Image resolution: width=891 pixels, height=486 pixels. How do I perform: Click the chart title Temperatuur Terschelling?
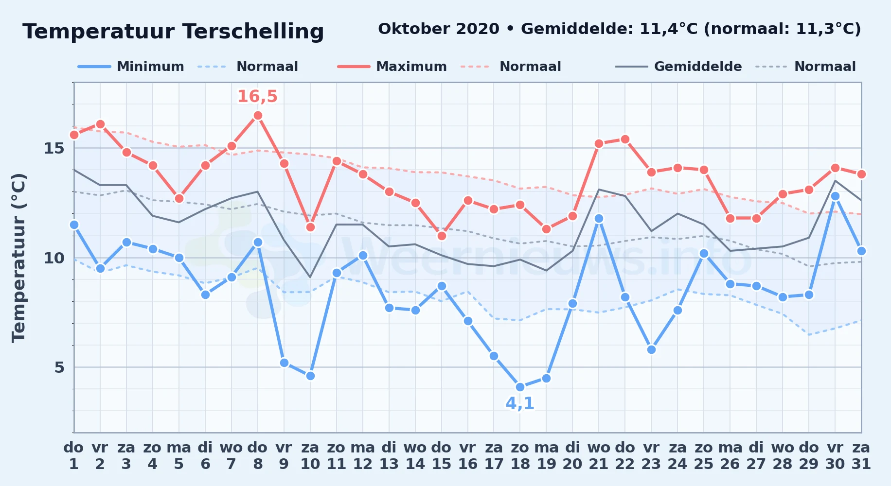coord(173,32)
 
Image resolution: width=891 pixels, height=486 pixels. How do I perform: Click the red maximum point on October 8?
coord(258,115)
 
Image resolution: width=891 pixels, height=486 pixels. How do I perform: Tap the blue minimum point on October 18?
coord(520,387)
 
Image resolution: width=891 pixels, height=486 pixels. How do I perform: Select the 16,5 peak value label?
coord(257,96)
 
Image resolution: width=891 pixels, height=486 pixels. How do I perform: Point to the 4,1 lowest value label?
coord(520,403)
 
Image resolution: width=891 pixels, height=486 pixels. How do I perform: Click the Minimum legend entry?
coord(131,67)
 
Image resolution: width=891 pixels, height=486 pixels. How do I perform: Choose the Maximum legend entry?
coord(392,67)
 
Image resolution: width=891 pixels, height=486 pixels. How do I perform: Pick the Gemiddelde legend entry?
coord(678,67)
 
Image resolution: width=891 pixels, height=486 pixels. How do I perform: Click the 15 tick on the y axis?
coord(54,148)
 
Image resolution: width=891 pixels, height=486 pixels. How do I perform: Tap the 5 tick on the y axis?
coord(59,367)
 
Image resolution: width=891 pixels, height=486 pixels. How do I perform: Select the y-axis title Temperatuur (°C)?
coord(18,258)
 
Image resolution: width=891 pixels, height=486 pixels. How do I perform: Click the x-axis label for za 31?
coord(861,455)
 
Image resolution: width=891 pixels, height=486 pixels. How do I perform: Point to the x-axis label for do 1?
coord(74,455)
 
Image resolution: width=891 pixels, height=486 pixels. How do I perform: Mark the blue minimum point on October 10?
coord(310,376)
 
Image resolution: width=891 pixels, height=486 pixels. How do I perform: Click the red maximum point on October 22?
coord(625,139)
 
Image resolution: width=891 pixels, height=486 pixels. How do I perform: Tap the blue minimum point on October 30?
coord(835,196)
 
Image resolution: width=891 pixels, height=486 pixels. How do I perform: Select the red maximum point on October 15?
coord(442,236)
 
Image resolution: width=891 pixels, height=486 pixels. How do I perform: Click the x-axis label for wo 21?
coord(599,455)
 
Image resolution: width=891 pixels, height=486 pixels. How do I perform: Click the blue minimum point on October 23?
coord(651,349)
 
